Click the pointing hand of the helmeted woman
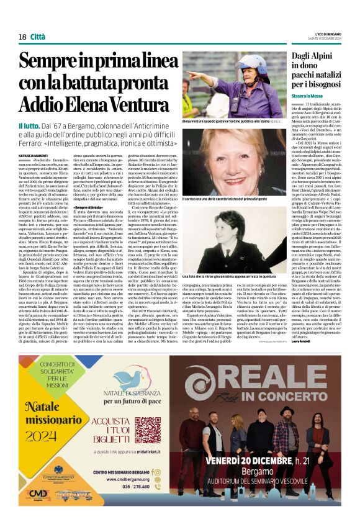(x=191, y=74)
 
